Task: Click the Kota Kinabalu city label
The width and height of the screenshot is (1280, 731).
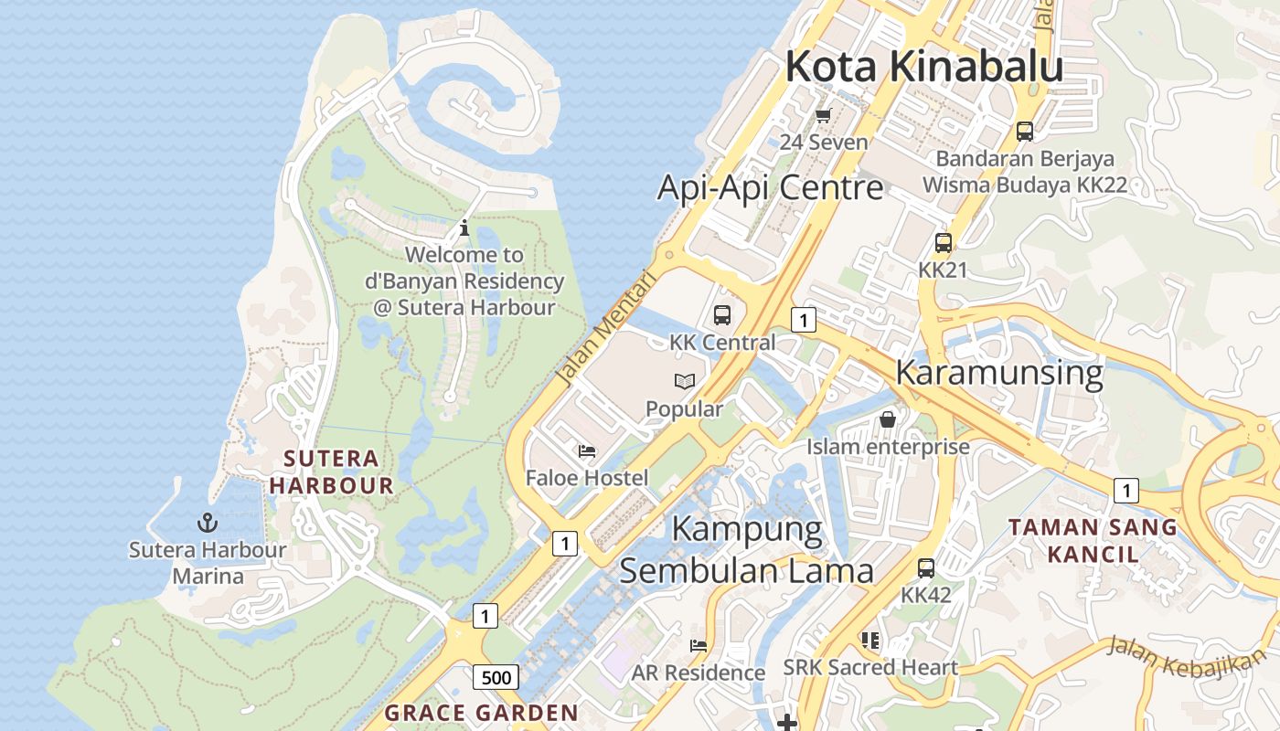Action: pyautogui.click(x=923, y=67)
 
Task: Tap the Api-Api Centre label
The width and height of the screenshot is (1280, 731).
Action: pyautogui.click(x=770, y=187)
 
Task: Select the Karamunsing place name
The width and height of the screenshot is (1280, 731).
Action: pyautogui.click(x=998, y=373)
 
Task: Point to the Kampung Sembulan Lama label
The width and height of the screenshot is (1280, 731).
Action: pyautogui.click(x=746, y=550)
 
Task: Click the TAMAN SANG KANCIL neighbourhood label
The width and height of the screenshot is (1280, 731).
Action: pyautogui.click(x=1093, y=540)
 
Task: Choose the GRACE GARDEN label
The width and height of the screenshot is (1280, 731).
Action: pyautogui.click(x=481, y=713)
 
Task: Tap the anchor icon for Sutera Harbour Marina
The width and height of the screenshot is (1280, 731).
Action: pyautogui.click(x=208, y=524)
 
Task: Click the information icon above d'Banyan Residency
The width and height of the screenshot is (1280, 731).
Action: pyautogui.click(x=464, y=228)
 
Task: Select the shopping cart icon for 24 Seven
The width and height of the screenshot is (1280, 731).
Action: pyautogui.click(x=823, y=115)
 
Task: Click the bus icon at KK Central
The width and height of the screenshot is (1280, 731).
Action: pyautogui.click(x=722, y=315)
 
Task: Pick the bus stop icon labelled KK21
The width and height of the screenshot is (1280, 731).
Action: pyautogui.click(x=943, y=243)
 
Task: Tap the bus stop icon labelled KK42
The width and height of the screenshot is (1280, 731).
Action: pyautogui.click(x=926, y=568)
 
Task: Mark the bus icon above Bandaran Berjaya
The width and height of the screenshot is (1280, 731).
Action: pyautogui.click(x=1024, y=131)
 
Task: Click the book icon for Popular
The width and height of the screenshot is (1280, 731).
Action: pyautogui.click(x=684, y=382)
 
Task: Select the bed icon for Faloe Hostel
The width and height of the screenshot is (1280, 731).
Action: pyautogui.click(x=587, y=451)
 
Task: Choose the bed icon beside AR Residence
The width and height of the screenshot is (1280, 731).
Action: pyautogui.click(x=699, y=646)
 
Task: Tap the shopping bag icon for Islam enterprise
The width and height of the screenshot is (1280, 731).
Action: pyautogui.click(x=887, y=419)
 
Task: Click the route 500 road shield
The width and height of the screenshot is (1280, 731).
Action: pyautogui.click(x=496, y=677)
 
